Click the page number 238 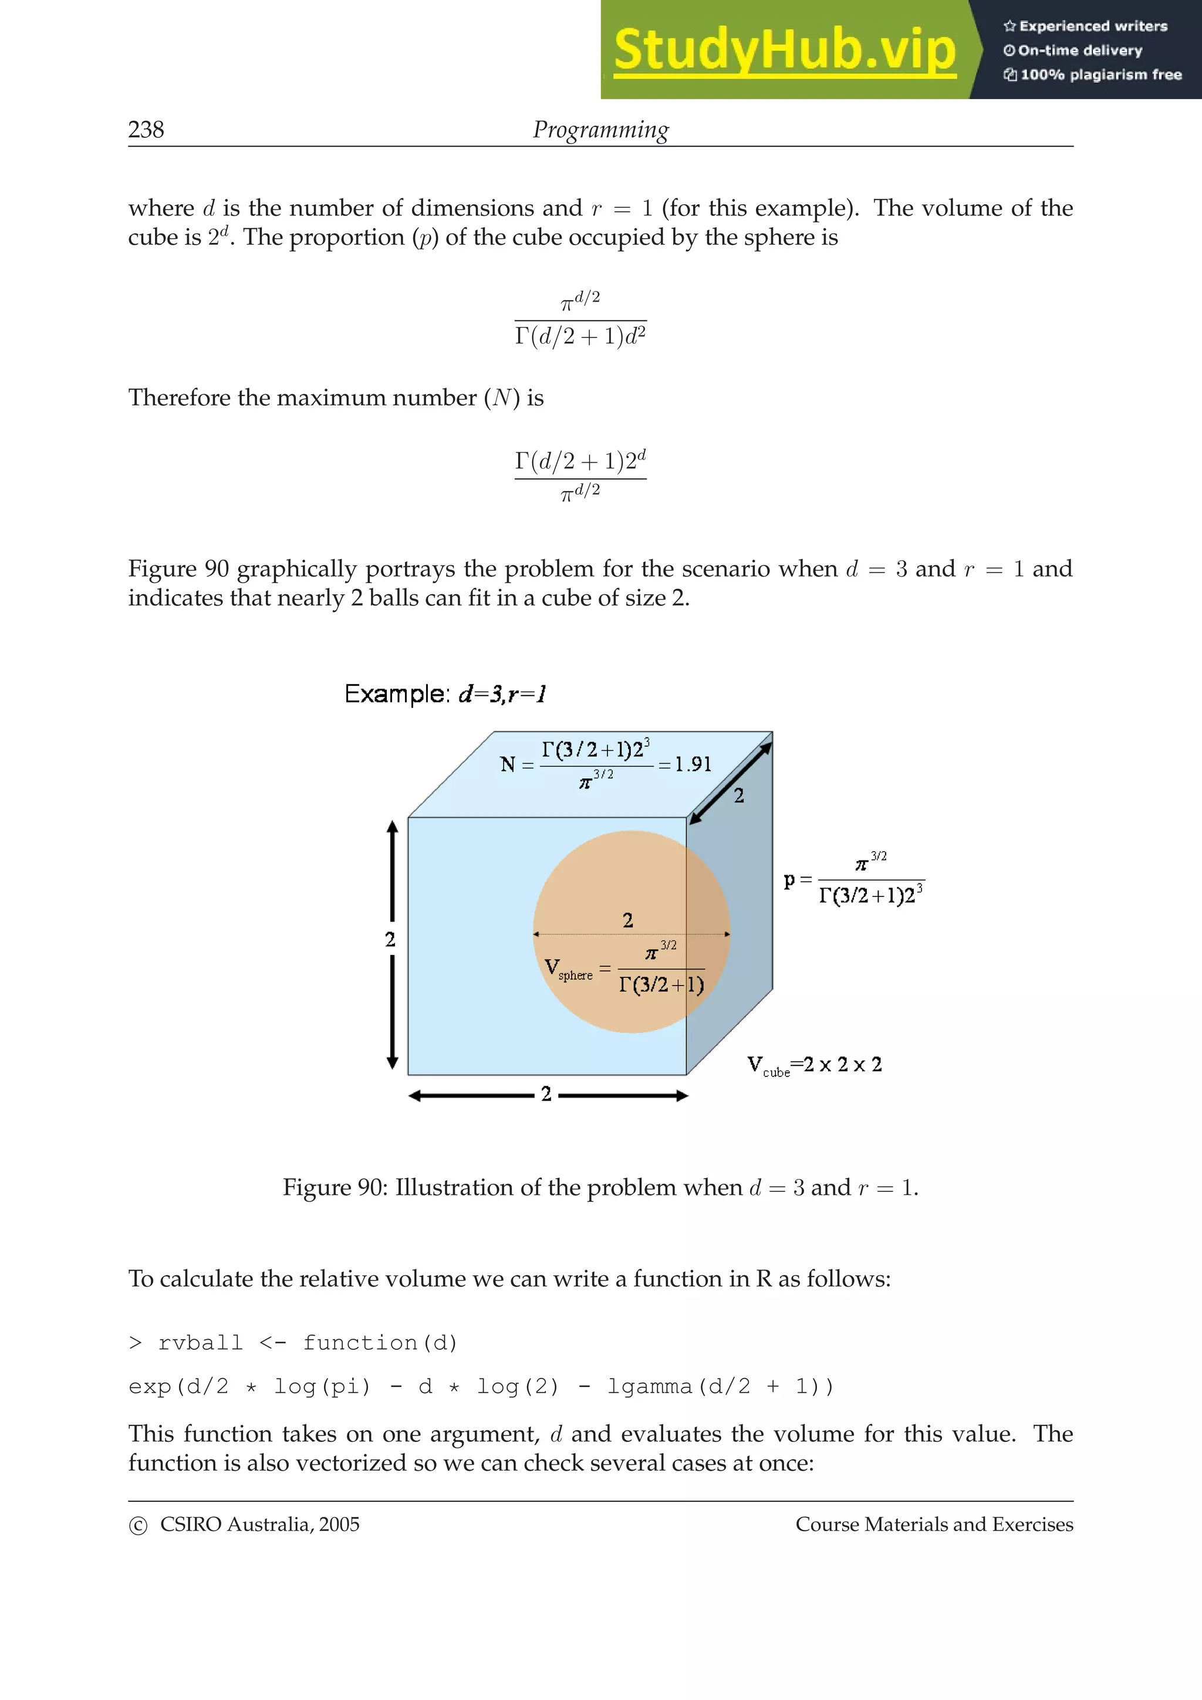[146, 130]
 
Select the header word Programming [600, 130]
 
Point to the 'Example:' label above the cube [397, 694]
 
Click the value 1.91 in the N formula [693, 764]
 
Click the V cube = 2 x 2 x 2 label [814, 1065]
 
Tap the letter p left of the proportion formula [789, 879]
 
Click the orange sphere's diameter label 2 [628, 920]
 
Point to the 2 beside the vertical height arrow [390, 940]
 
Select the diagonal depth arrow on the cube [730, 783]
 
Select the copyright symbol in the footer [139, 1525]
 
